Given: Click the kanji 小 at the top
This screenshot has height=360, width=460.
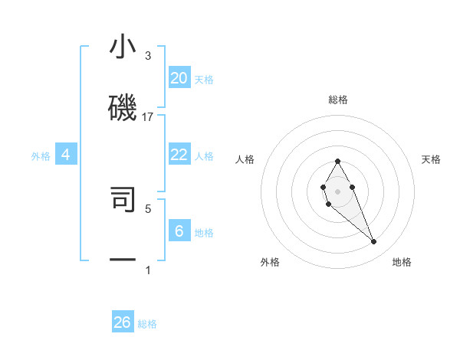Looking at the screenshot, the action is (123, 47).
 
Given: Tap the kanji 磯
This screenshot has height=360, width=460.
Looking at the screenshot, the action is (123, 107).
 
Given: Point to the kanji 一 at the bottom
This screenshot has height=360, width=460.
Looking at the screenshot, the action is (123, 260).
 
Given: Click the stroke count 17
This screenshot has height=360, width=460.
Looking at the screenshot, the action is (148, 117).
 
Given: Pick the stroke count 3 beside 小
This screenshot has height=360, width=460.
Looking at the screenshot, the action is (148, 56).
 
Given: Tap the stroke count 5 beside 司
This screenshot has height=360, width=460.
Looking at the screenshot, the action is (148, 208).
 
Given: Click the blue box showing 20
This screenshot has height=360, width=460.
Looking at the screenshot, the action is (179, 78).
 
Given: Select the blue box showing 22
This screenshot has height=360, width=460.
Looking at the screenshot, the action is (179, 155).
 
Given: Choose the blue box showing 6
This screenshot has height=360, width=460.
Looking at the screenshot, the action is (179, 231).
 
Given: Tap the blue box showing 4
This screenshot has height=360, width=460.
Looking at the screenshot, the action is (66, 155).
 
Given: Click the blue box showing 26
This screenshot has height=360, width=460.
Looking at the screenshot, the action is (123, 322).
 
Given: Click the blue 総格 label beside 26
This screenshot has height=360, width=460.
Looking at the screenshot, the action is (148, 324).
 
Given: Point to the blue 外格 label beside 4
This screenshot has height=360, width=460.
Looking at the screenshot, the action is (41, 156).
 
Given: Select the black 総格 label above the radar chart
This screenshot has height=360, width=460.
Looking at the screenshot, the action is (338, 100).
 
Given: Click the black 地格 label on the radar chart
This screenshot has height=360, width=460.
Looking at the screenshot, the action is (402, 262).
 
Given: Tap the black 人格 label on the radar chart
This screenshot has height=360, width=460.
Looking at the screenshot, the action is (245, 159).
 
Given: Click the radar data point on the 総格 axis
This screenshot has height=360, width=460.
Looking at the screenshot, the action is (337, 162).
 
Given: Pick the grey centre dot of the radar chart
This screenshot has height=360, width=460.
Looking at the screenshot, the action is (337, 190).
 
